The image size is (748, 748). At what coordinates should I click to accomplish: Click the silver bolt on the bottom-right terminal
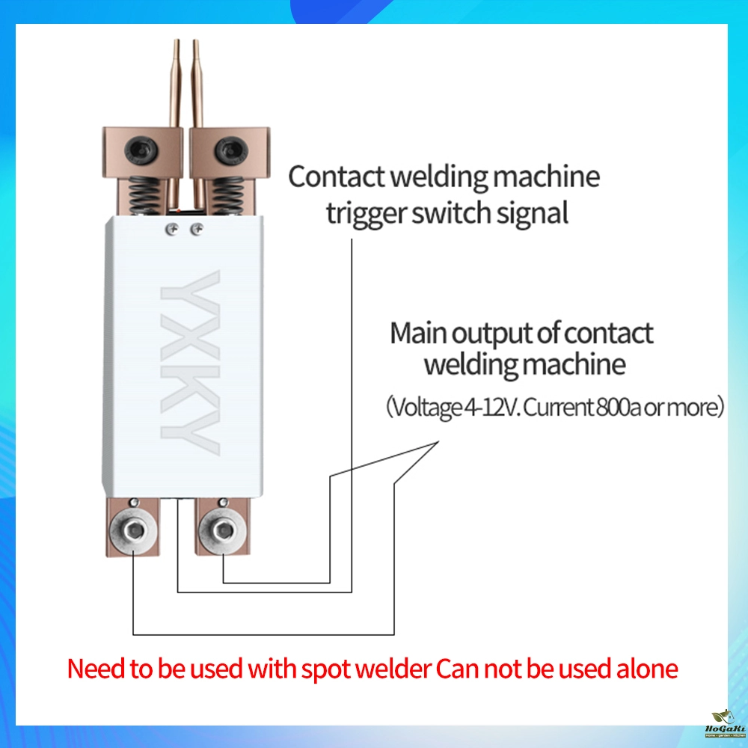pos(222,533)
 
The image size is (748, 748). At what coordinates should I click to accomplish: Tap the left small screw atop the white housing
pos(172,230)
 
